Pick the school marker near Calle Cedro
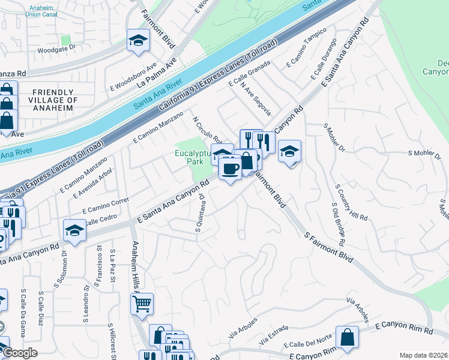pyautogui.click(x=75, y=230)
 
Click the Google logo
pyautogui.click(x=19, y=353)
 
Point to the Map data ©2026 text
pyautogui.click(x=424, y=355)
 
